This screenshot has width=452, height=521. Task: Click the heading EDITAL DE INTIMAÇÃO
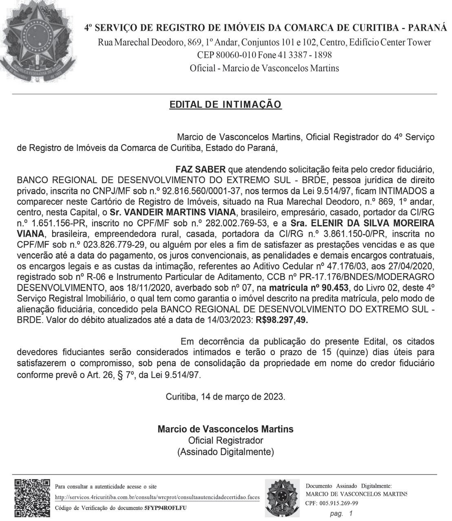[x=226, y=105]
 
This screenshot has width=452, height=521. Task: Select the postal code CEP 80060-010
[x=222, y=55]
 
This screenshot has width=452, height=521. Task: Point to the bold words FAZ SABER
[x=200, y=169]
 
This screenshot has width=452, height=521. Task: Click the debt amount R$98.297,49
[x=282, y=320]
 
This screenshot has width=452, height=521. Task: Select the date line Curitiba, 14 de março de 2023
[x=226, y=396]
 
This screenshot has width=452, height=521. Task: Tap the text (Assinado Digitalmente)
[x=226, y=452]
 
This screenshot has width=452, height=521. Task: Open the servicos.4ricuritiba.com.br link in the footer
[x=157, y=497]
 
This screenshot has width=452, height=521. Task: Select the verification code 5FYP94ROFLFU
[x=165, y=508]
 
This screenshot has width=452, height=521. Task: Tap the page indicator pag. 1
[x=341, y=514]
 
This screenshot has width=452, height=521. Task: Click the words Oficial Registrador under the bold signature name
[x=226, y=440]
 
